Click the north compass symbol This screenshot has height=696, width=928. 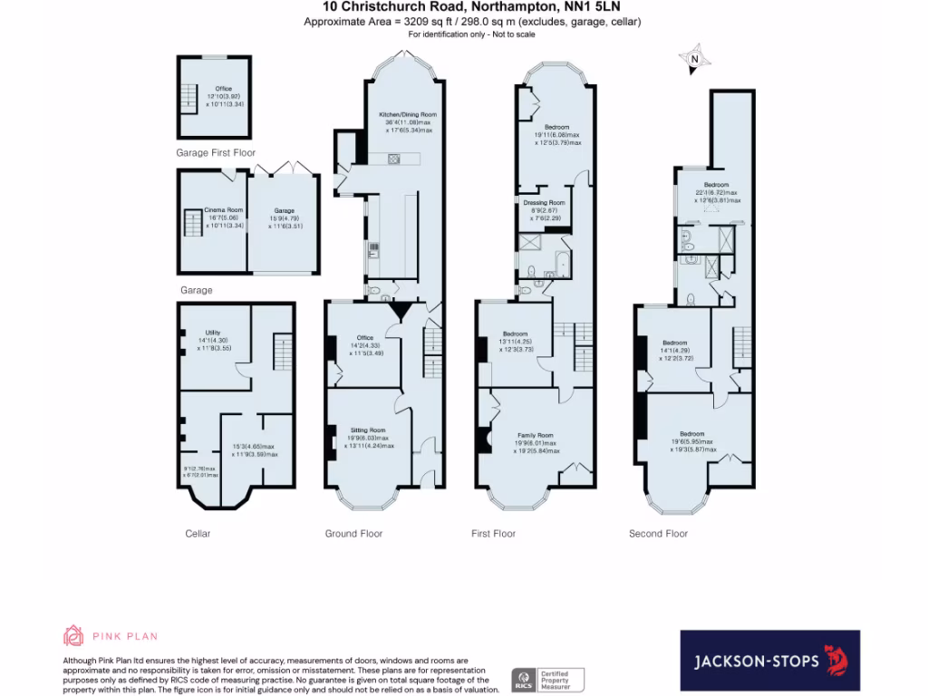pos(694,60)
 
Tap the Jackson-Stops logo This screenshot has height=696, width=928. pos(769,661)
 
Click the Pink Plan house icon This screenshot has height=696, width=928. pos(73,635)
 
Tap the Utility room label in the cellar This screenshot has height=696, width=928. pos(213,333)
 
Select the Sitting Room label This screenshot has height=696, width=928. pos(368,430)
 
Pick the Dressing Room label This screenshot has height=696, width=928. pos(544,203)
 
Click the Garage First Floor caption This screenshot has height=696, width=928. pos(216,153)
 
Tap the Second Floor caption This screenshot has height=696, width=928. pos(658,534)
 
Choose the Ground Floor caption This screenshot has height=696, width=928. pos(353,534)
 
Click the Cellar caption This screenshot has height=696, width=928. pos(198,534)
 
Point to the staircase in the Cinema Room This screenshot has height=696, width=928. pos(192,224)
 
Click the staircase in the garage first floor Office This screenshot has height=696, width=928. pos(188,97)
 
